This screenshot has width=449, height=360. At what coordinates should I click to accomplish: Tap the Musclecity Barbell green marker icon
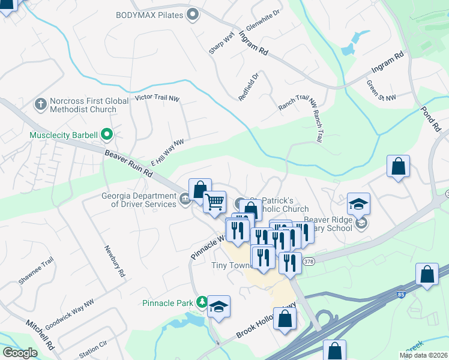[x=107, y=134]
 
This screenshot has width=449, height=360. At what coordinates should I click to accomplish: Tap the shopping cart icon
[x=214, y=202]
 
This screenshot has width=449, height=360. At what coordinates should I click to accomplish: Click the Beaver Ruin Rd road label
[x=129, y=163]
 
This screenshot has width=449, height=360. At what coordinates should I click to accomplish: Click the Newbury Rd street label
[x=114, y=262]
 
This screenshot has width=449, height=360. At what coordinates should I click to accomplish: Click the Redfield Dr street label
[x=248, y=86]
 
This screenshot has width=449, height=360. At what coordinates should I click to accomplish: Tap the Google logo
[x=20, y=353]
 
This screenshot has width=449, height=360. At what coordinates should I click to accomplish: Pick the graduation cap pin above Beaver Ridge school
[x=358, y=204]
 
